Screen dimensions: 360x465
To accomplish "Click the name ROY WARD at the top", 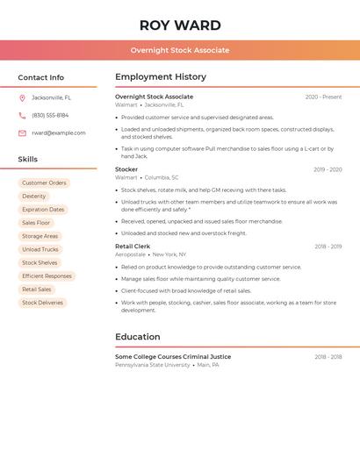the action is [180, 25].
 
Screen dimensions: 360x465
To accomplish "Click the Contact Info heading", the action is [40, 77].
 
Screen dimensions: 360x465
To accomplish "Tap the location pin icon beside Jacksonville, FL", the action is [22, 97].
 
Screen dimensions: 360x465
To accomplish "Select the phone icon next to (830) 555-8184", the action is [22, 115].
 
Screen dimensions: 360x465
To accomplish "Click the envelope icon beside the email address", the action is [22, 133].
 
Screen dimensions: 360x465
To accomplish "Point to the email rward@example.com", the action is [59, 133].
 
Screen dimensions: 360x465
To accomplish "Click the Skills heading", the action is [28, 160].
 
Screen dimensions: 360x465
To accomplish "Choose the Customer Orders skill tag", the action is [44, 183].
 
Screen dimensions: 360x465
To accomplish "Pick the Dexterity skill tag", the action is [34, 197].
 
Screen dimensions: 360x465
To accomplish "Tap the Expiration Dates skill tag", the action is [43, 210].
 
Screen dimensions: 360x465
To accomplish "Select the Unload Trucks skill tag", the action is [40, 249].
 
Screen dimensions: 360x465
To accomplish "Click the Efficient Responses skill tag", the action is [47, 276].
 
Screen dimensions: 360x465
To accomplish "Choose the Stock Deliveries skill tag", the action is [42, 303].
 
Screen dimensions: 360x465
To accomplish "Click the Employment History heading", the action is [161, 77].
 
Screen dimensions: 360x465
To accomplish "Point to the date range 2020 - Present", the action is [323, 97].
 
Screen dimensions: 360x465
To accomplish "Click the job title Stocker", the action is [126, 169].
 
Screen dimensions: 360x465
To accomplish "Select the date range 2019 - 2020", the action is [328, 169].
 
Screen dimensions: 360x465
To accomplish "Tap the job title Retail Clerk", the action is [133, 247].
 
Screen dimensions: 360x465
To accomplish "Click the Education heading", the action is [138, 337].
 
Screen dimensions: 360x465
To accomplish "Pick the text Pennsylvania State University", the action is [153, 365].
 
